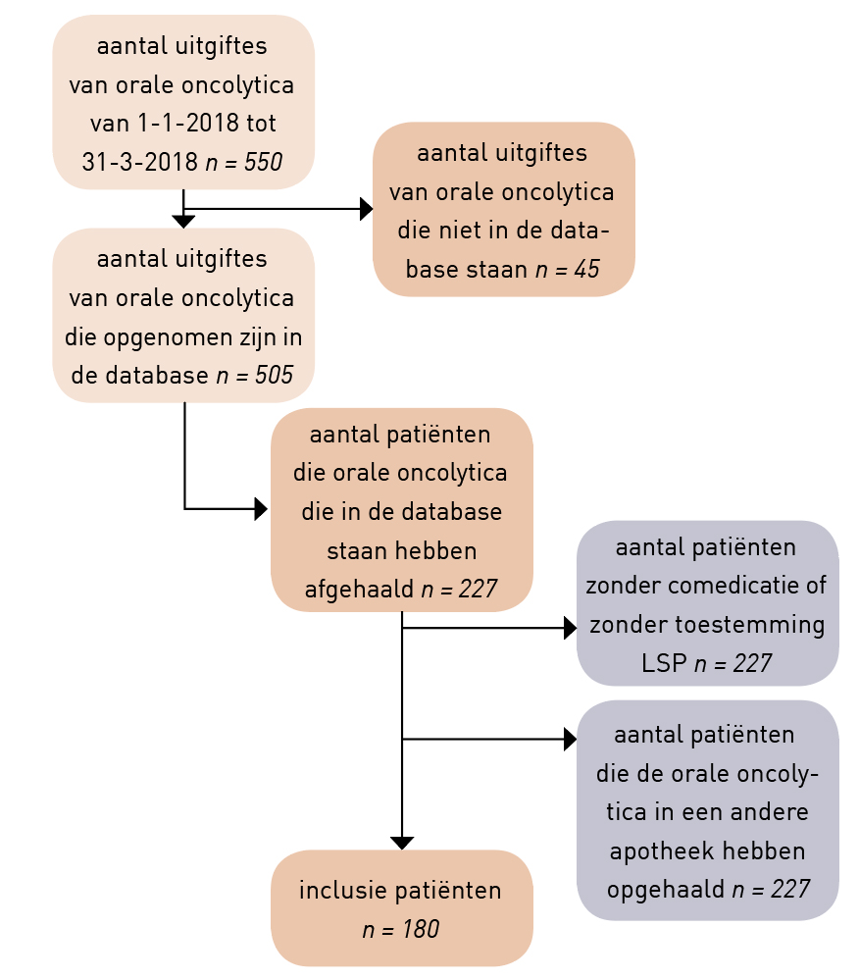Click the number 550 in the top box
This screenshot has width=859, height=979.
click(263, 162)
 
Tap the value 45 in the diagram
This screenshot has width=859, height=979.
click(586, 269)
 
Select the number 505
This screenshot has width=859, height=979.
click(274, 376)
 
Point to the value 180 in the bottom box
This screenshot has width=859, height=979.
click(420, 929)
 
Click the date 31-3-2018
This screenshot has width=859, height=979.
click(140, 162)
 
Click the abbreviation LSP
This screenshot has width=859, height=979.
click(664, 663)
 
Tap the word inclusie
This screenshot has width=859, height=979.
click(339, 891)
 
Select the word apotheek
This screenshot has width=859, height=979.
click(662, 851)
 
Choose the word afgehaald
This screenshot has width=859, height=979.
click(359, 589)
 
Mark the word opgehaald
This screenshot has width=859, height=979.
click(666, 890)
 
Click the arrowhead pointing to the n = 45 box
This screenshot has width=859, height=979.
click(367, 209)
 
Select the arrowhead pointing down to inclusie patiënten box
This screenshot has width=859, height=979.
click(402, 844)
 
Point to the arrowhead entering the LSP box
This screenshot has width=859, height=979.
click(570, 628)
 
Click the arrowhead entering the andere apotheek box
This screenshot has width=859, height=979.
click(570, 740)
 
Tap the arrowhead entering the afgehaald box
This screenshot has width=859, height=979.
click(261, 509)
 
